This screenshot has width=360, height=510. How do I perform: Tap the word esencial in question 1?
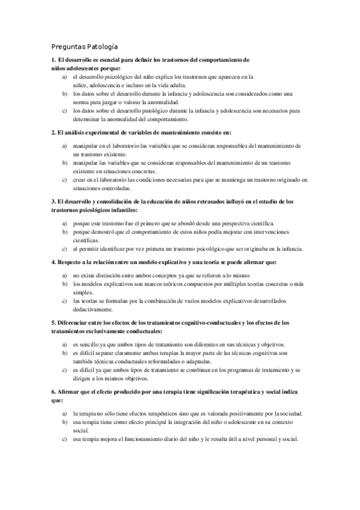pos(105,61)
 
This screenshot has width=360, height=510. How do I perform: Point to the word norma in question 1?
pos(81,102)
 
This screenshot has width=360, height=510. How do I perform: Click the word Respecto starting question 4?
pos(69,262)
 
